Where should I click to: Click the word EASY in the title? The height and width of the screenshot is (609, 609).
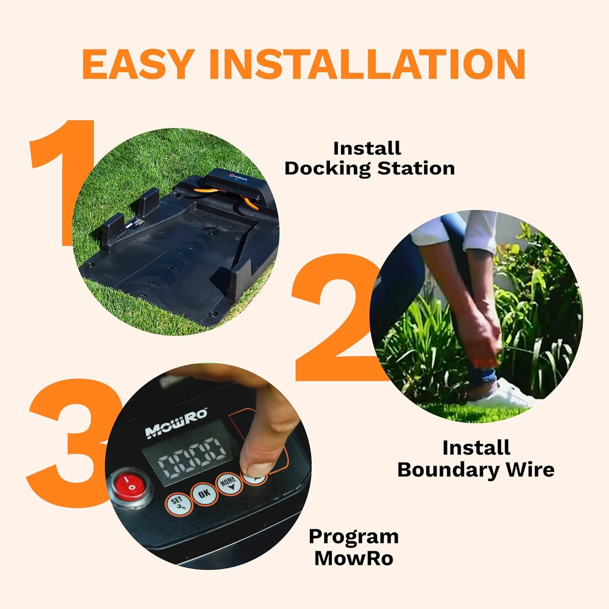[x=136, y=64]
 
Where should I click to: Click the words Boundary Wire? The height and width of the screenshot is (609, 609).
[x=476, y=470]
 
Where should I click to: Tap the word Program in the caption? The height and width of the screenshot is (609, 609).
[x=354, y=537]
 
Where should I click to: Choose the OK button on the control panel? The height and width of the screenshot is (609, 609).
[x=204, y=493]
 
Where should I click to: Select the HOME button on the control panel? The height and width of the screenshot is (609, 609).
[x=228, y=483]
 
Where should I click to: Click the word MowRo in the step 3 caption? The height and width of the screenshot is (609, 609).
[x=354, y=558]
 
